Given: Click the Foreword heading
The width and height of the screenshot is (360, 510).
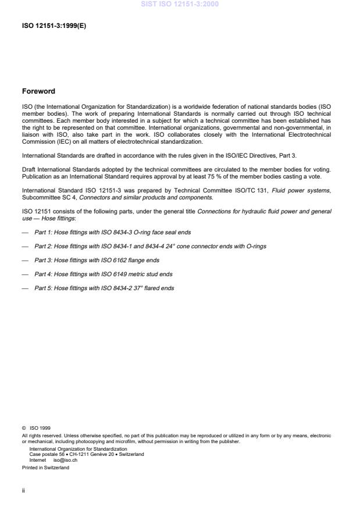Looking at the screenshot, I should tap(38, 91).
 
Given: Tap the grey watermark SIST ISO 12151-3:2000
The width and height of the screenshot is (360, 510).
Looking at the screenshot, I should tap(180, 4).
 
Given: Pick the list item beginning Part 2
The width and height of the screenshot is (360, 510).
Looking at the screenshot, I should tap(150, 247).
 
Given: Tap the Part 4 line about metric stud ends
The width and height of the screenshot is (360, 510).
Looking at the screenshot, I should tap(103, 274).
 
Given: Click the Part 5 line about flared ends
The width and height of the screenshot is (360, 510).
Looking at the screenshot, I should tap(104, 288).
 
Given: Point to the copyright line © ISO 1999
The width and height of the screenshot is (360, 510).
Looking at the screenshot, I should tap(36, 428).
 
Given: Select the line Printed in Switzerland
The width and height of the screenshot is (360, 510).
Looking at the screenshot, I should tap(45, 467).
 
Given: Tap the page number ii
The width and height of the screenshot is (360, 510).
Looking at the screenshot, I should tap(23, 490).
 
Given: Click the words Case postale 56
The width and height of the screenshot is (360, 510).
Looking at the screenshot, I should tap(46, 454).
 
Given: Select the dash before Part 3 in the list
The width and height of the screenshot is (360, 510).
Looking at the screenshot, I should tap(25, 260).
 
